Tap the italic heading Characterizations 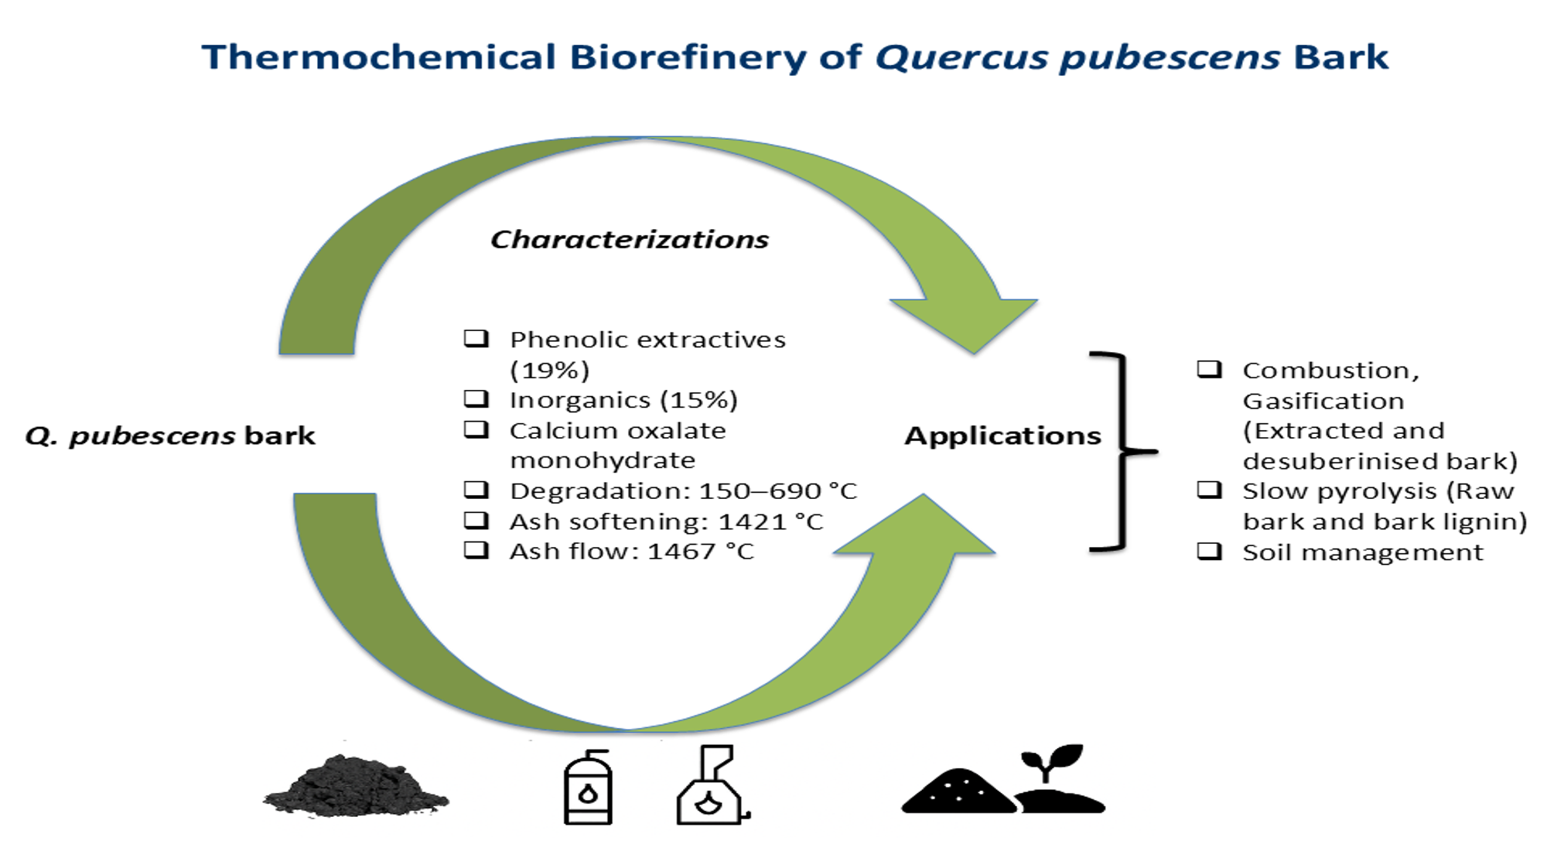point(630,240)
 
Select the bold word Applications point(1002,436)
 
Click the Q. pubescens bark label point(170,436)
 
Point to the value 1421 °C point(770,522)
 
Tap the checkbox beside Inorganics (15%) point(476,399)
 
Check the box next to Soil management point(1209,552)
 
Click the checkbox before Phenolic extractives point(476,339)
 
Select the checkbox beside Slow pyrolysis point(1209,490)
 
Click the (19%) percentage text point(549,371)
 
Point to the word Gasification point(1323,402)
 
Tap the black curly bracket point(1122,452)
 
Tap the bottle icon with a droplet point(588,789)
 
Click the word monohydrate point(603,461)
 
